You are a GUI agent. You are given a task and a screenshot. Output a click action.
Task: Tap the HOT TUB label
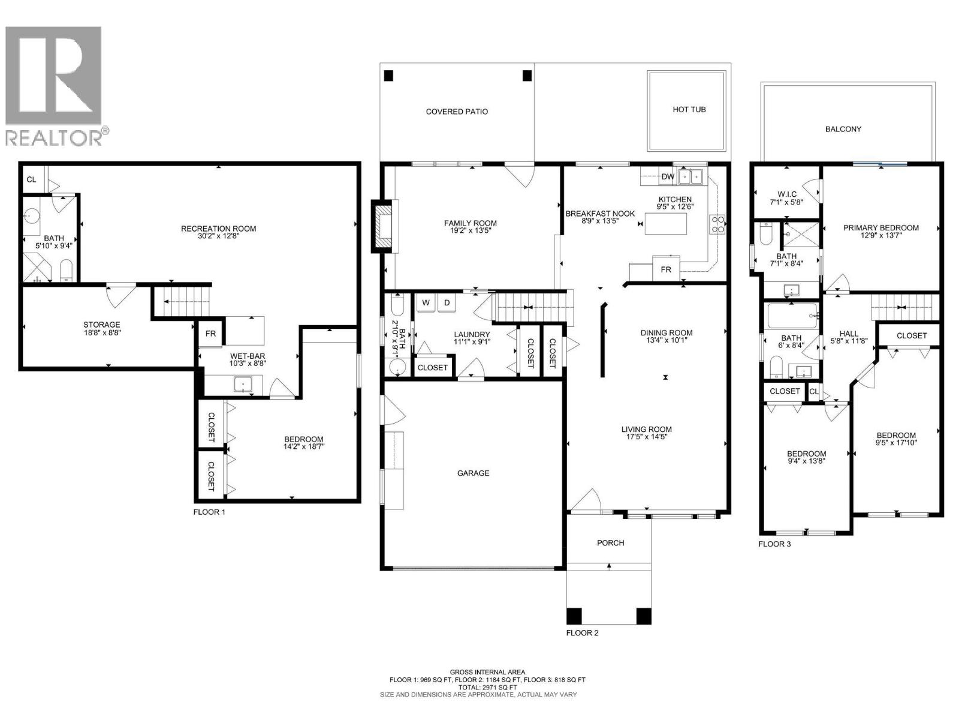pyautogui.click(x=689, y=110)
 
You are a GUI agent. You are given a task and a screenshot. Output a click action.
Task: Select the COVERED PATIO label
pyautogui.click(x=457, y=112)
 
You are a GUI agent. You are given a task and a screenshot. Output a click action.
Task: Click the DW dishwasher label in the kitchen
pyautogui.click(x=667, y=177)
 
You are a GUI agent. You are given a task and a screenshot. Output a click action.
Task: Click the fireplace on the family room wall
pyautogui.click(x=384, y=226)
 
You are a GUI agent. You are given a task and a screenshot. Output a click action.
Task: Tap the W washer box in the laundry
pyautogui.click(x=426, y=302)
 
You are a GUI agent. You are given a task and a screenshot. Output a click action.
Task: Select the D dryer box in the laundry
pyautogui.click(x=447, y=302)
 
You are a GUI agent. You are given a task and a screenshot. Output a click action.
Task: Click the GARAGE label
pyautogui.click(x=473, y=473)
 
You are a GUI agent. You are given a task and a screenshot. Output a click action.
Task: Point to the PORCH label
pyautogui.click(x=610, y=543)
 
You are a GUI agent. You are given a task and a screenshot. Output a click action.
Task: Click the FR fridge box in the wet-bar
pyautogui.click(x=210, y=334)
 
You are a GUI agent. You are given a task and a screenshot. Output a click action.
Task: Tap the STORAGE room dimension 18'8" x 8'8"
pyautogui.click(x=102, y=332)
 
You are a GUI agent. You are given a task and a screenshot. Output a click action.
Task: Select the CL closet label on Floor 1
pyautogui.click(x=31, y=179)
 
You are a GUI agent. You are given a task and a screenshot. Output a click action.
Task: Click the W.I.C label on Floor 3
pyautogui.click(x=786, y=194)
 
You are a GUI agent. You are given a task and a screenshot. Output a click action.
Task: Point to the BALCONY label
pyautogui.click(x=843, y=129)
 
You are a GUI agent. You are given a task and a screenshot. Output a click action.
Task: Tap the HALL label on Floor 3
pyautogui.click(x=849, y=334)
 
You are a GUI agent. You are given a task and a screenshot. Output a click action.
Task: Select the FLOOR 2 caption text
pyautogui.click(x=582, y=632)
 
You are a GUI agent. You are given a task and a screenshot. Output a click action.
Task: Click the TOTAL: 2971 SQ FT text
pyautogui.click(x=487, y=688)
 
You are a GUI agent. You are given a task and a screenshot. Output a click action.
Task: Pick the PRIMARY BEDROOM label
pyautogui.click(x=880, y=228)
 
